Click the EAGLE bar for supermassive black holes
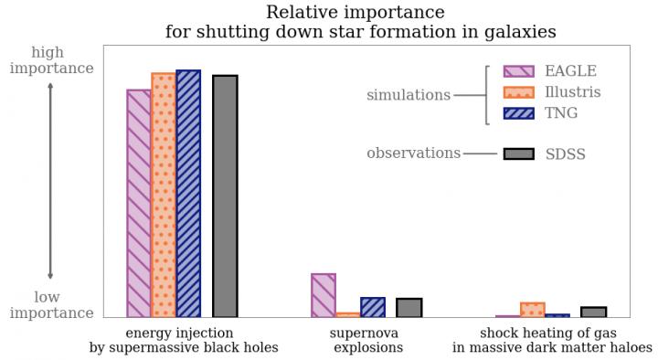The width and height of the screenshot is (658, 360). (x=139, y=203)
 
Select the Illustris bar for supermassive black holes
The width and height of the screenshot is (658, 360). (x=164, y=195)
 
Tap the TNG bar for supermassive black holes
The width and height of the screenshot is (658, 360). (x=188, y=194)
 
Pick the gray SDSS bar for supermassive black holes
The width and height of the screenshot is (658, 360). (x=225, y=196)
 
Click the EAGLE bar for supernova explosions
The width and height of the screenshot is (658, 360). (x=324, y=295)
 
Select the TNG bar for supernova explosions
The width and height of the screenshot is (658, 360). (x=373, y=307)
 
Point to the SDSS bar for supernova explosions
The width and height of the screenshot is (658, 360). (x=409, y=307)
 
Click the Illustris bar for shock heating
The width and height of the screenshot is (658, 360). (x=533, y=310)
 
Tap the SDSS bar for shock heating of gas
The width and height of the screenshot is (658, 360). (x=594, y=312)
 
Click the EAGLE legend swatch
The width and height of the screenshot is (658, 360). (x=518, y=71)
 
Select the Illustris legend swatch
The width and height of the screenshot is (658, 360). (x=518, y=92)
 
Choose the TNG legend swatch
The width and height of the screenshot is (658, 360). (x=518, y=113)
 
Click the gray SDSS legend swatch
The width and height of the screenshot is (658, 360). (x=518, y=154)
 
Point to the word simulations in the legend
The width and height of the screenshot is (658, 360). (x=409, y=95)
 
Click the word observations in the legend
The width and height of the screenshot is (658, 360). (x=413, y=154)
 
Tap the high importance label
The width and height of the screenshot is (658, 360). (x=51, y=60)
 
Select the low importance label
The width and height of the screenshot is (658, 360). (x=51, y=305)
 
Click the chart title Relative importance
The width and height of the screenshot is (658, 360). (x=356, y=13)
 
